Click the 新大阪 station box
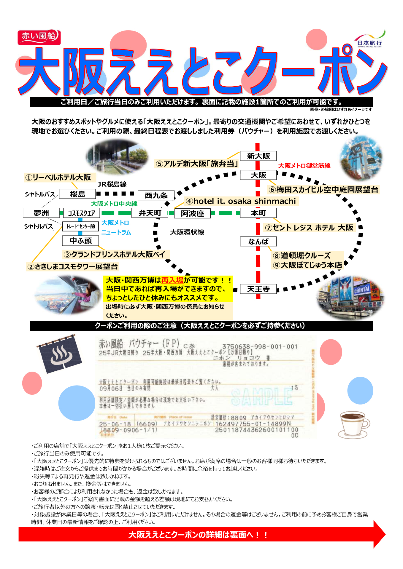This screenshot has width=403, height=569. point(258,156)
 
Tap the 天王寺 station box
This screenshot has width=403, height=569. point(258,289)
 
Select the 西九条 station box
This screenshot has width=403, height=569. point(156,195)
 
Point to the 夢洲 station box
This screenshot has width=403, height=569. point(41,213)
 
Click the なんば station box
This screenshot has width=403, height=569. point(258,242)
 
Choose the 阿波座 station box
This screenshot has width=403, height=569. point(192,213)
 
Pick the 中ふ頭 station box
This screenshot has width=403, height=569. point(80,241)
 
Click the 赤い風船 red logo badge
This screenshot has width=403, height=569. point(39,37)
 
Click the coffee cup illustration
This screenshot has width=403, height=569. point(354,424)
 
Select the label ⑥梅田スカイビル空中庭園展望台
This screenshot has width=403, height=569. point(323,190)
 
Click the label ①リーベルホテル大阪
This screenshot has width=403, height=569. point(58,178)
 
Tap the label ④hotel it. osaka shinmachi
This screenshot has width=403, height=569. point(241,201)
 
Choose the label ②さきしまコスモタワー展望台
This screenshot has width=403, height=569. point(73,267)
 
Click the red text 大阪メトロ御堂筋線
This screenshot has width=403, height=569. point(304,166)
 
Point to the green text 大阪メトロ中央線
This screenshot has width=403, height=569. point(114,204)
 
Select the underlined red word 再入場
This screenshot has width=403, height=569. point(172,280)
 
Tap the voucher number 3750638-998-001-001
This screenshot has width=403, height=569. point(260,346)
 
